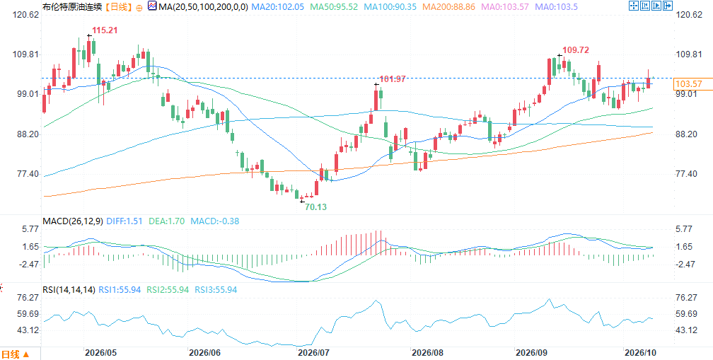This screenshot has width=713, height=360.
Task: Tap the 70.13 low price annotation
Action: [x=315, y=207]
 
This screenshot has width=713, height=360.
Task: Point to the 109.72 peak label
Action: [x=576, y=50]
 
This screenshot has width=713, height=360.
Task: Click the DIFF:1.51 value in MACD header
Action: [x=124, y=221]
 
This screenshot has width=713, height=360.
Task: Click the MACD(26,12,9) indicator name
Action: [x=72, y=221]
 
